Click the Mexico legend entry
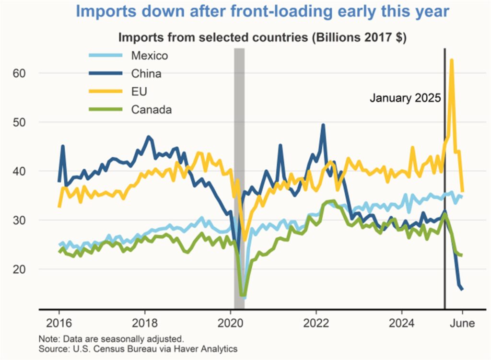coord(149,56)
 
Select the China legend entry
coord(146,74)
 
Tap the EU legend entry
coord(139,92)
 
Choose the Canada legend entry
coord(151,110)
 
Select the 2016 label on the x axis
coord(59,323)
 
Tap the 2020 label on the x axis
coord(230,323)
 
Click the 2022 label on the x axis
coord(316,323)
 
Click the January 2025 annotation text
coord(405,98)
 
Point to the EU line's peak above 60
coord(452,60)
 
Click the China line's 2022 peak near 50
coord(323,125)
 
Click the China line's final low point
coord(462,289)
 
